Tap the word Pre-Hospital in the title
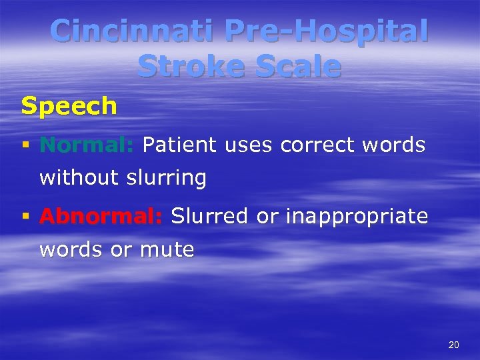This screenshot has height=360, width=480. (x=326, y=31)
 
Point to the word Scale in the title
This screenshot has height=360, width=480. (x=297, y=67)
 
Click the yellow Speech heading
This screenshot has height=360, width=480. (x=69, y=106)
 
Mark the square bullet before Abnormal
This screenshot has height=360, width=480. (x=25, y=216)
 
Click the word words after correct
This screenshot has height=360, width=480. (x=395, y=145)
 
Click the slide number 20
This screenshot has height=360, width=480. (x=454, y=345)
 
